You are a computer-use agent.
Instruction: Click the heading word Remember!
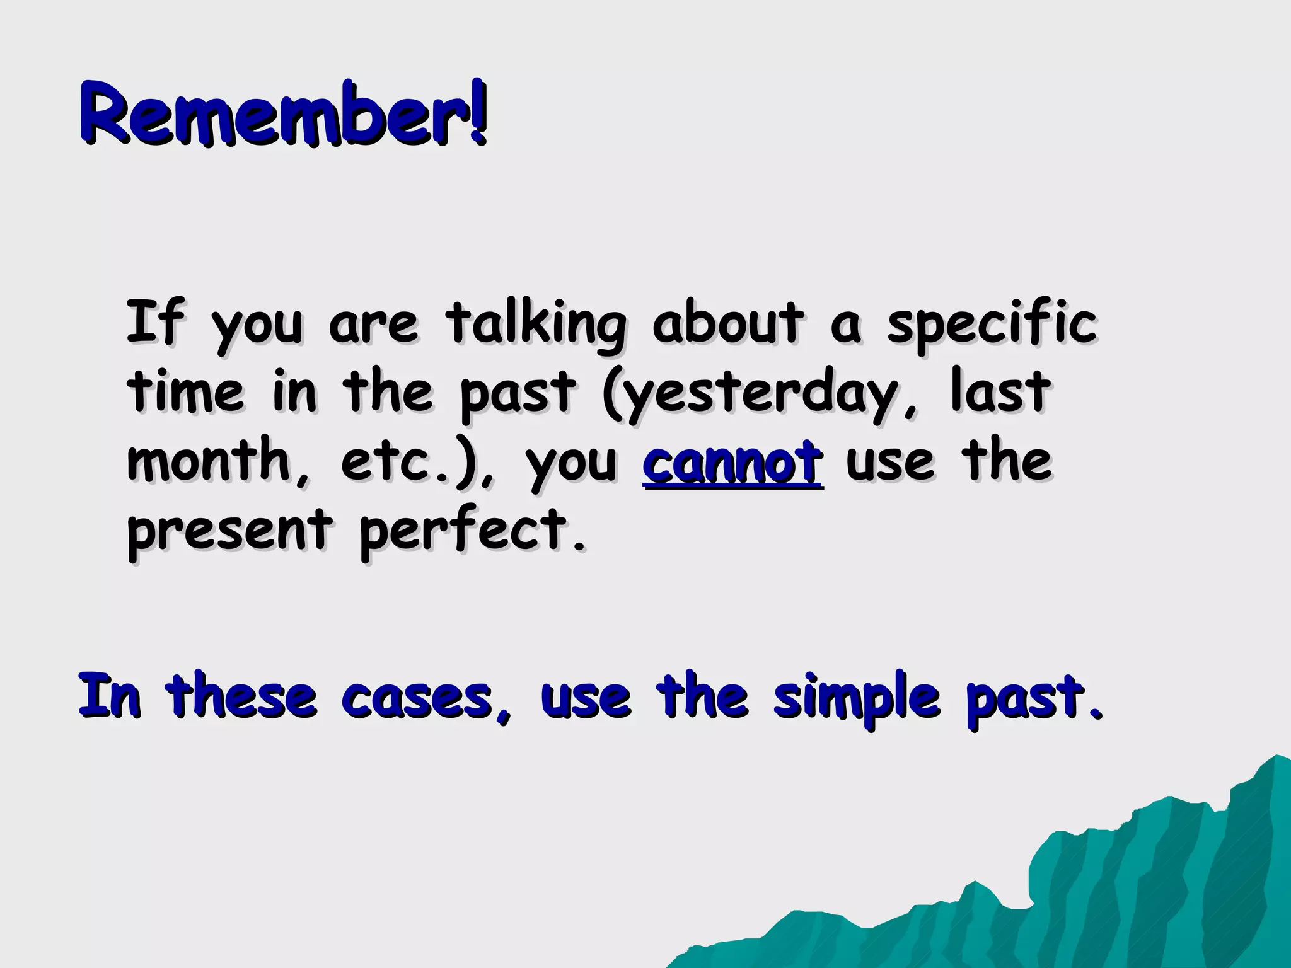pyautogui.click(x=284, y=113)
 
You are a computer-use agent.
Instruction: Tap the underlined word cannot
pyautogui.click(x=732, y=463)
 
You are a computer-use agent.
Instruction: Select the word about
pyautogui.click(x=728, y=323)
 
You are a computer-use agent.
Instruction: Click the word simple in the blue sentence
pyautogui.click(x=857, y=698)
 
